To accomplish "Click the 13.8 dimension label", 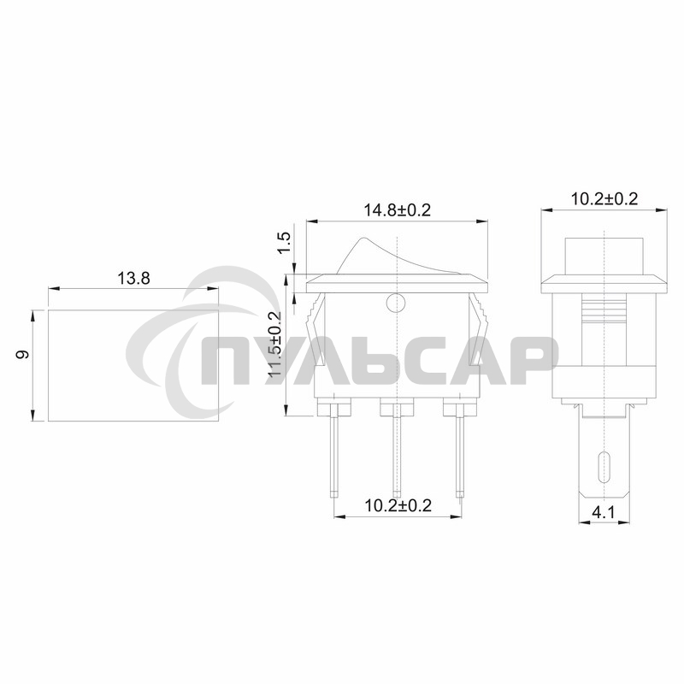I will pyautogui.click(x=133, y=278).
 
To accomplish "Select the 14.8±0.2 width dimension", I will pyautogui.click(x=397, y=209).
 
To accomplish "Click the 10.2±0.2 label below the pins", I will pyautogui.click(x=397, y=505).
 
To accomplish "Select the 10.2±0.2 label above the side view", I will pyautogui.click(x=604, y=198).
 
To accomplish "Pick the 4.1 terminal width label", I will pyautogui.click(x=604, y=514).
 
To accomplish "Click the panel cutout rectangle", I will pyautogui.click(x=133, y=366).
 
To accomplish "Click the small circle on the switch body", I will pyautogui.click(x=396, y=302).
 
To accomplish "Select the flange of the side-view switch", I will pyautogui.click(x=604, y=283).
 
